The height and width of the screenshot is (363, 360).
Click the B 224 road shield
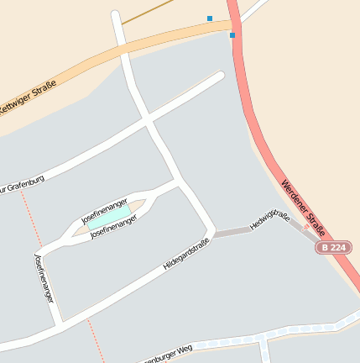333,248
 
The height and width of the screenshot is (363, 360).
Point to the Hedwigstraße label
270,220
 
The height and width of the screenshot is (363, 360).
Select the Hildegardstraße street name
185,254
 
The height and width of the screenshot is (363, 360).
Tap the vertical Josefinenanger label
44,277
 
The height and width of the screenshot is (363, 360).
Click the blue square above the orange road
209,18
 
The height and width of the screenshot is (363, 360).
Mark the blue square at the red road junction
232,35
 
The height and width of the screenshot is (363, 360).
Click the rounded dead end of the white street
220,76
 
